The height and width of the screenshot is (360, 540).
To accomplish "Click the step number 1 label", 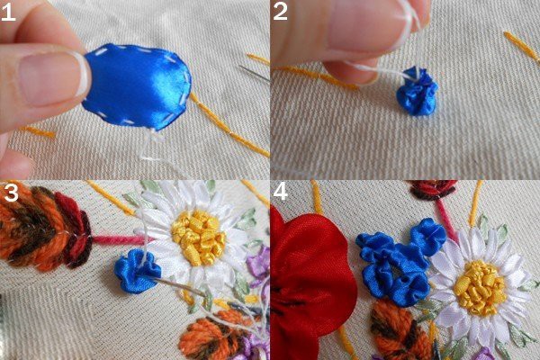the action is pos(8,13).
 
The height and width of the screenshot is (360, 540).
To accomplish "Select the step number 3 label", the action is pos(11,193).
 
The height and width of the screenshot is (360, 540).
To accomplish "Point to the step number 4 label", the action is pos(280,192).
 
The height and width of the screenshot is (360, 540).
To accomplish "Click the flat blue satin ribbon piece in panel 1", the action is pos(137,86).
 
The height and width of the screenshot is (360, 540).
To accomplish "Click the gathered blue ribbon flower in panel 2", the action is pos(417,91).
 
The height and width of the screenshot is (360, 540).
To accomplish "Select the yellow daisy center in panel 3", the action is pos(199,237).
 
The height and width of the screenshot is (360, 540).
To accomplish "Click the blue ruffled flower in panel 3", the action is pos(138,271).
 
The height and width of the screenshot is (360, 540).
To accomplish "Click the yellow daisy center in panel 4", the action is pos(480,287).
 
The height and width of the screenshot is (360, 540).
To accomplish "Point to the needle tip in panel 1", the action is pos(239,67).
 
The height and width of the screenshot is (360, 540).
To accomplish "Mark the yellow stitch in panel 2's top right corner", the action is pos(521,46).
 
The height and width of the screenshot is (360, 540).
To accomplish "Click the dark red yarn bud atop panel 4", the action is pos(433,189).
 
